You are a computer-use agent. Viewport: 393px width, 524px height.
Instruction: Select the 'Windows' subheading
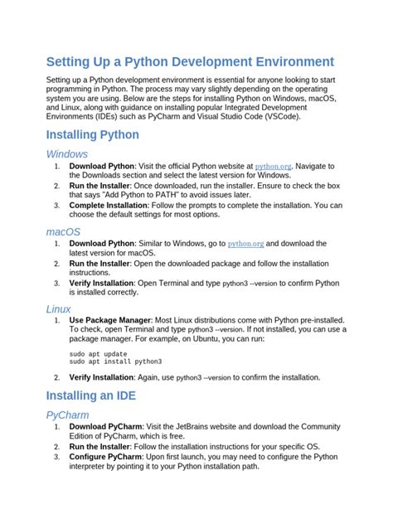point(67,154)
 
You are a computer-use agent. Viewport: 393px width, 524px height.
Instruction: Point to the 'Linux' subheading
point(59,308)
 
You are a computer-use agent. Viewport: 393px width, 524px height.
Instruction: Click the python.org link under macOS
point(246,244)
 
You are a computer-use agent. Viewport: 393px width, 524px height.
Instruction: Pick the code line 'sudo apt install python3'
point(115,361)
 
